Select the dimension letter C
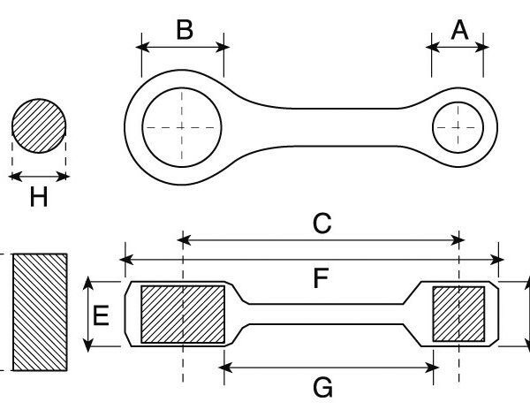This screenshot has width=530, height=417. point(322,224)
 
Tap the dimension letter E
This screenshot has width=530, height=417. point(102,315)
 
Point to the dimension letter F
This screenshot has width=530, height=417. point(321,279)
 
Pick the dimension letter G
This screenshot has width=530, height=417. point(323,386)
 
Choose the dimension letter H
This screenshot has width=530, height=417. point(38,197)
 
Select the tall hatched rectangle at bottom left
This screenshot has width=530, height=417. point(39,312)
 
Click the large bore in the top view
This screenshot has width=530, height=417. point(180,127)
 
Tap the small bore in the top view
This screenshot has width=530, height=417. point(458,128)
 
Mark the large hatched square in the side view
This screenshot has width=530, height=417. point(183,314)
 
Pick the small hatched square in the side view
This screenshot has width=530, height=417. point(458,314)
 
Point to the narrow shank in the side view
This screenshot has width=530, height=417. point(327,314)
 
